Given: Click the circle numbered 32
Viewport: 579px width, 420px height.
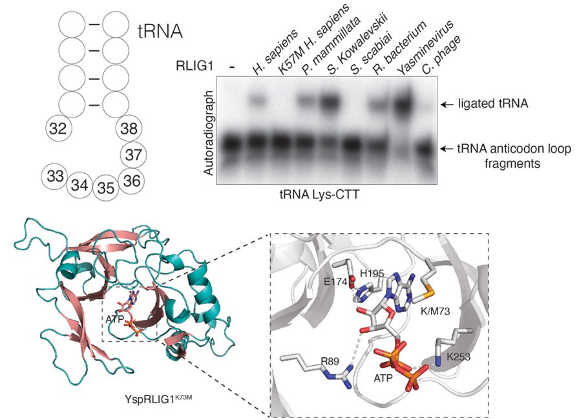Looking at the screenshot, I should [x=58, y=129].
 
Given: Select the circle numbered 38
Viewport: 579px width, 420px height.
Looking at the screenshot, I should [x=129, y=129].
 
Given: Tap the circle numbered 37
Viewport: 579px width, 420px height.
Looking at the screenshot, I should [x=134, y=154].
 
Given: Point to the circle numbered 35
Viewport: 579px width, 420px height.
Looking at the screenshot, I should [x=106, y=187].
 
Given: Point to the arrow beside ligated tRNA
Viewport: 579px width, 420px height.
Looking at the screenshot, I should [x=446, y=103].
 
